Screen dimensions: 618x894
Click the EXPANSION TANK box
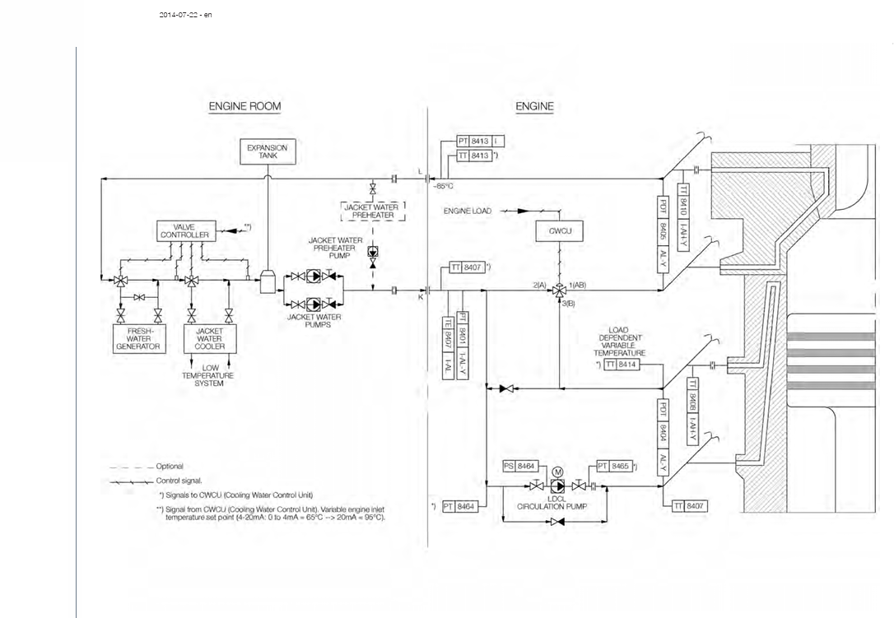pos(268,151)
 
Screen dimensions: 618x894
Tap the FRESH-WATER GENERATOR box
pos(138,337)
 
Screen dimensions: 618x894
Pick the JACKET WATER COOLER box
pos(209,337)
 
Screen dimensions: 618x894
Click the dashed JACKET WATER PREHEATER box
pos(373,211)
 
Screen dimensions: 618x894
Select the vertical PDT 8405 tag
pos(663,235)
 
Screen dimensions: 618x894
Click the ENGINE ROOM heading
pos(244,106)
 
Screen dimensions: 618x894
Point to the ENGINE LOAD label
pos(468,211)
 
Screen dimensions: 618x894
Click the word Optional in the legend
pos(170,467)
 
